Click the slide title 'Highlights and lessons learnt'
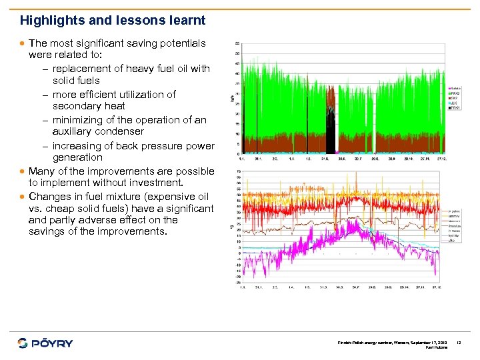coord(113,21)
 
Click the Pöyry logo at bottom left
coord(45,343)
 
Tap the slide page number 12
coord(459,343)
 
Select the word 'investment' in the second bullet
coord(153,183)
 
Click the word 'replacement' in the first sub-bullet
coord(81,69)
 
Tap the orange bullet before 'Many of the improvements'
coord(23,171)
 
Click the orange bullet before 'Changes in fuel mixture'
coord(23,197)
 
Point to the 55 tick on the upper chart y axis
coord(238,44)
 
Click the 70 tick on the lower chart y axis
coord(238,171)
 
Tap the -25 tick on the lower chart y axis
coord(237,283)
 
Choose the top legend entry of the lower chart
coord(455,211)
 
